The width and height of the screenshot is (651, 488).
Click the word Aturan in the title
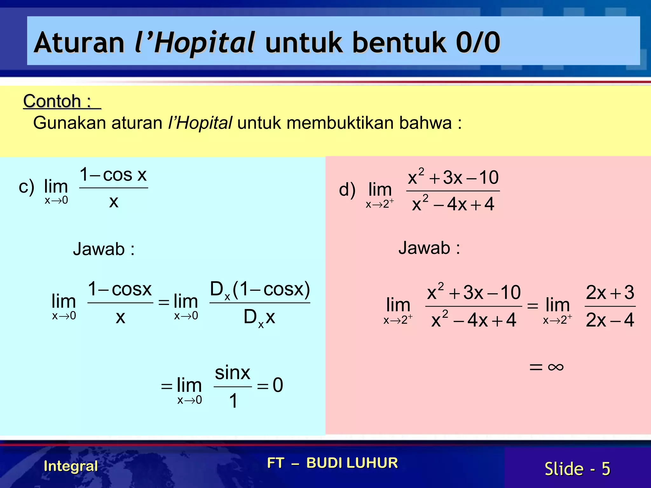tap(79, 43)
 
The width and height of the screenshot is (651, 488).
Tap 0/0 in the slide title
tap(478, 43)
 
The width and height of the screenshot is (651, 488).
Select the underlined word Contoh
tap(52, 102)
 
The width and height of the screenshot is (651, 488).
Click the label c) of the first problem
tap(26, 187)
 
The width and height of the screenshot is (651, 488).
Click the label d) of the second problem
tap(347, 190)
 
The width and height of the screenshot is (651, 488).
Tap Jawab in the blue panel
tap(99, 249)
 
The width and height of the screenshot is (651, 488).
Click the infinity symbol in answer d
tap(556, 367)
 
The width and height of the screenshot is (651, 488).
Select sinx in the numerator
tap(232, 373)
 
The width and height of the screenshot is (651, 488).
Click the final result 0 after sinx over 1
tap(278, 385)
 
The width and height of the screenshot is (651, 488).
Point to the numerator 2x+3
tap(610, 292)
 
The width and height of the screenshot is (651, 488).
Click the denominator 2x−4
tap(610, 320)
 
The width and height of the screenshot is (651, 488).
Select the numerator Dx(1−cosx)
tap(260, 290)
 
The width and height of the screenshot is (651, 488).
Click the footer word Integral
tap(71, 466)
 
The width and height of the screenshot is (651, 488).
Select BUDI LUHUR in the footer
tap(352, 463)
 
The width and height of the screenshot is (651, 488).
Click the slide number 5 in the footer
tap(606, 469)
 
